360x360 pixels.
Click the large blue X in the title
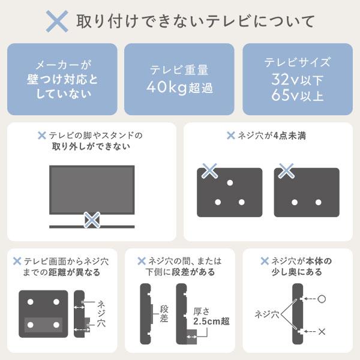tap(58, 22)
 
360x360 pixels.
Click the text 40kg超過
tap(179, 88)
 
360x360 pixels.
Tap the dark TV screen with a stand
tap(91, 188)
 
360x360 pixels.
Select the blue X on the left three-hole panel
tap(209, 171)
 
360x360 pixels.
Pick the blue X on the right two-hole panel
tap(286, 171)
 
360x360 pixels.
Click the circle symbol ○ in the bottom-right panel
tap(322, 298)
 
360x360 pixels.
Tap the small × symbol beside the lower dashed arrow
tap(323, 331)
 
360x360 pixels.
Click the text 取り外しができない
tap(96, 146)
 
